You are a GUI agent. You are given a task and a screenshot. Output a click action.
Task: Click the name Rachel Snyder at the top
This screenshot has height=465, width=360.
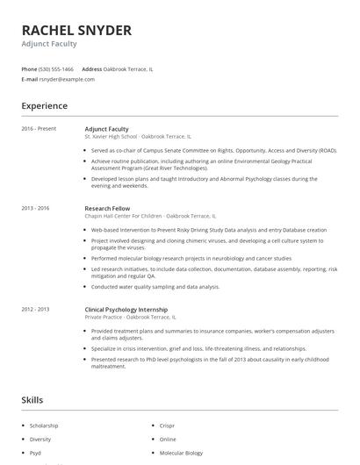point(76,30)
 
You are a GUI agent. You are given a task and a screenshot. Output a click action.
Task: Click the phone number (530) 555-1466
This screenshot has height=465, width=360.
point(57,68)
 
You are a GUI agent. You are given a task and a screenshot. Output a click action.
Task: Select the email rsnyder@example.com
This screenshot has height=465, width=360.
point(67,79)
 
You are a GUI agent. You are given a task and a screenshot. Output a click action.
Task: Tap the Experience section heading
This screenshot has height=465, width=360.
point(45,106)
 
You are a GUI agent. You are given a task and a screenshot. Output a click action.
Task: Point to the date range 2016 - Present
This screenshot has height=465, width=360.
point(39,129)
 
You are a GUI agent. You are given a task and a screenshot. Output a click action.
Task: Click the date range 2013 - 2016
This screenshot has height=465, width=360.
point(36,208)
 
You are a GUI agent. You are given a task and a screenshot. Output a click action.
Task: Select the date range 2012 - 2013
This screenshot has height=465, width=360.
point(36,309)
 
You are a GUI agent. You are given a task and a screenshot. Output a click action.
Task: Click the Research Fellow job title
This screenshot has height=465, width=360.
point(107,208)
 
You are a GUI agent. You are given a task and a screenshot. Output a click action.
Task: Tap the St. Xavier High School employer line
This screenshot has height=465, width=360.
point(137,137)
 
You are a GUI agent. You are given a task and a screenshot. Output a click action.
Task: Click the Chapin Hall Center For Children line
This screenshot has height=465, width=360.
point(149,216)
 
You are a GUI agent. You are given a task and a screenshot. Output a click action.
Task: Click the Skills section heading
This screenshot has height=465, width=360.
point(32,400)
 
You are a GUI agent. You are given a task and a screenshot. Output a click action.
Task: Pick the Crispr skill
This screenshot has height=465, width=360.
point(168,425)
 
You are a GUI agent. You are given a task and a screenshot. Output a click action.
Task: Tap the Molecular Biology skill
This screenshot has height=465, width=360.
point(181,453)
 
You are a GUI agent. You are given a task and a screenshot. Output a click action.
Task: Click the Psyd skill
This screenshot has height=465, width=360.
point(37,453)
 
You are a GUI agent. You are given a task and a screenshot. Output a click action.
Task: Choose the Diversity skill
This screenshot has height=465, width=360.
point(40,439)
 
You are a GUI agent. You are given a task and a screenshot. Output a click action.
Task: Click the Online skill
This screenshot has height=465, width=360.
point(168,439)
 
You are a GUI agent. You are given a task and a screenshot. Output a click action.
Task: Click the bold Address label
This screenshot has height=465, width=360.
point(92,68)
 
